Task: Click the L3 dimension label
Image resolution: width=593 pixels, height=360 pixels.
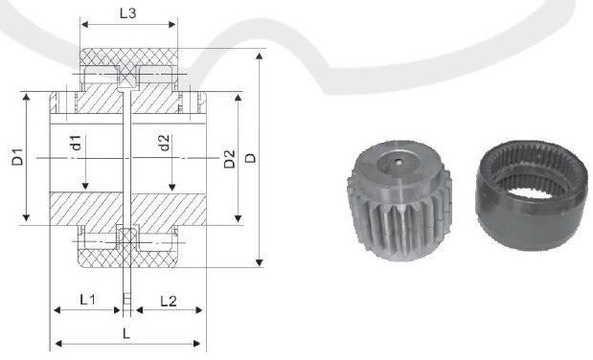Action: pyautogui.click(x=126, y=14)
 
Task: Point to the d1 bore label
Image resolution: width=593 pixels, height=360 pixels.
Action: pyautogui.click(x=74, y=145)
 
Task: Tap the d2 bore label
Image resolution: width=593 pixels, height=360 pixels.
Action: pyautogui.click(x=164, y=145)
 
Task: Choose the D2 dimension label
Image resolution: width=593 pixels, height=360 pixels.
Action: pyautogui.click(x=229, y=159)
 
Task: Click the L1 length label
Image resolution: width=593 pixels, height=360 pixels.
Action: pyautogui.click(x=86, y=300)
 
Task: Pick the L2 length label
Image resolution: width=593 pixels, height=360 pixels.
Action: pyautogui.click(x=168, y=300)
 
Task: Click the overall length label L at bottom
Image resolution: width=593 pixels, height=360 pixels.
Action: pyautogui.click(x=126, y=331)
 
